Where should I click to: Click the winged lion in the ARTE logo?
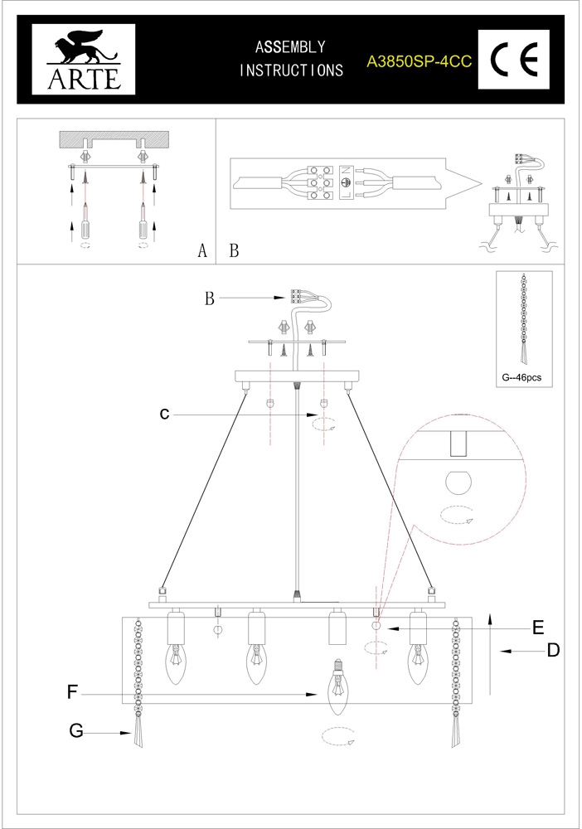pos(76,49)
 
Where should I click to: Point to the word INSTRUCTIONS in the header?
pos(291,70)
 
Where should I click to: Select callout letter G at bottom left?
pos(76,730)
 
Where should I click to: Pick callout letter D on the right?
pos(552,652)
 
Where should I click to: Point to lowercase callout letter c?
pos(164,414)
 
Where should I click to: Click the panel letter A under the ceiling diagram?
pos(201,251)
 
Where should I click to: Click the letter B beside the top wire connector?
pos(210,299)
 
